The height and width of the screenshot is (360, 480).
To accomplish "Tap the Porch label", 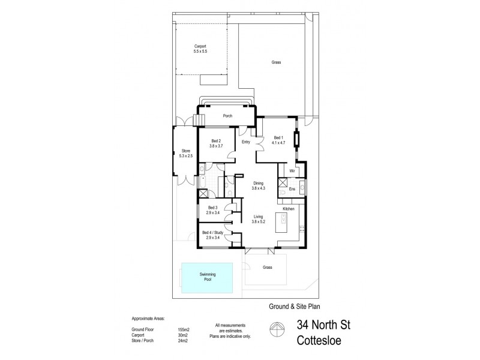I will click(x=227, y=116).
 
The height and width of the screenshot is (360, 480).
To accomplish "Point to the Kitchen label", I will click(x=289, y=208).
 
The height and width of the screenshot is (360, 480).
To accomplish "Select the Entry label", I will click(x=245, y=142).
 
